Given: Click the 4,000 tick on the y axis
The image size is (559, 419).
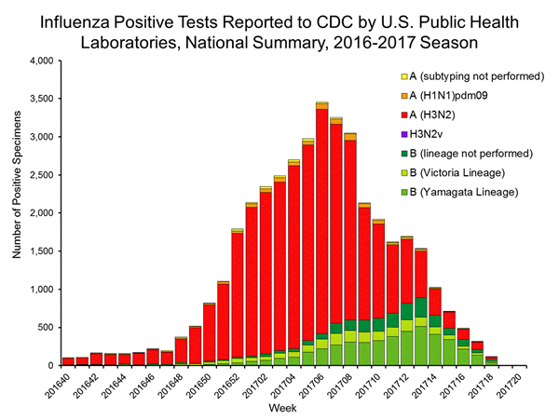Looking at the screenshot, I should [x=42, y=61].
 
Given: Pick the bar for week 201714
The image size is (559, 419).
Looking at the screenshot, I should [x=435, y=326].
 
